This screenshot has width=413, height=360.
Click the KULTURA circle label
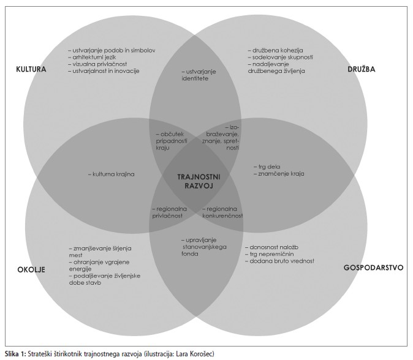31,69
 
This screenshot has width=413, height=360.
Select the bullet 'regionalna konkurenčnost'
223,212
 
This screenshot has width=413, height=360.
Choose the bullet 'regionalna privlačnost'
169,212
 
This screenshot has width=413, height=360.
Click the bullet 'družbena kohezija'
276,50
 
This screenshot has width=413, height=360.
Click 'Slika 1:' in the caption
15,353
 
